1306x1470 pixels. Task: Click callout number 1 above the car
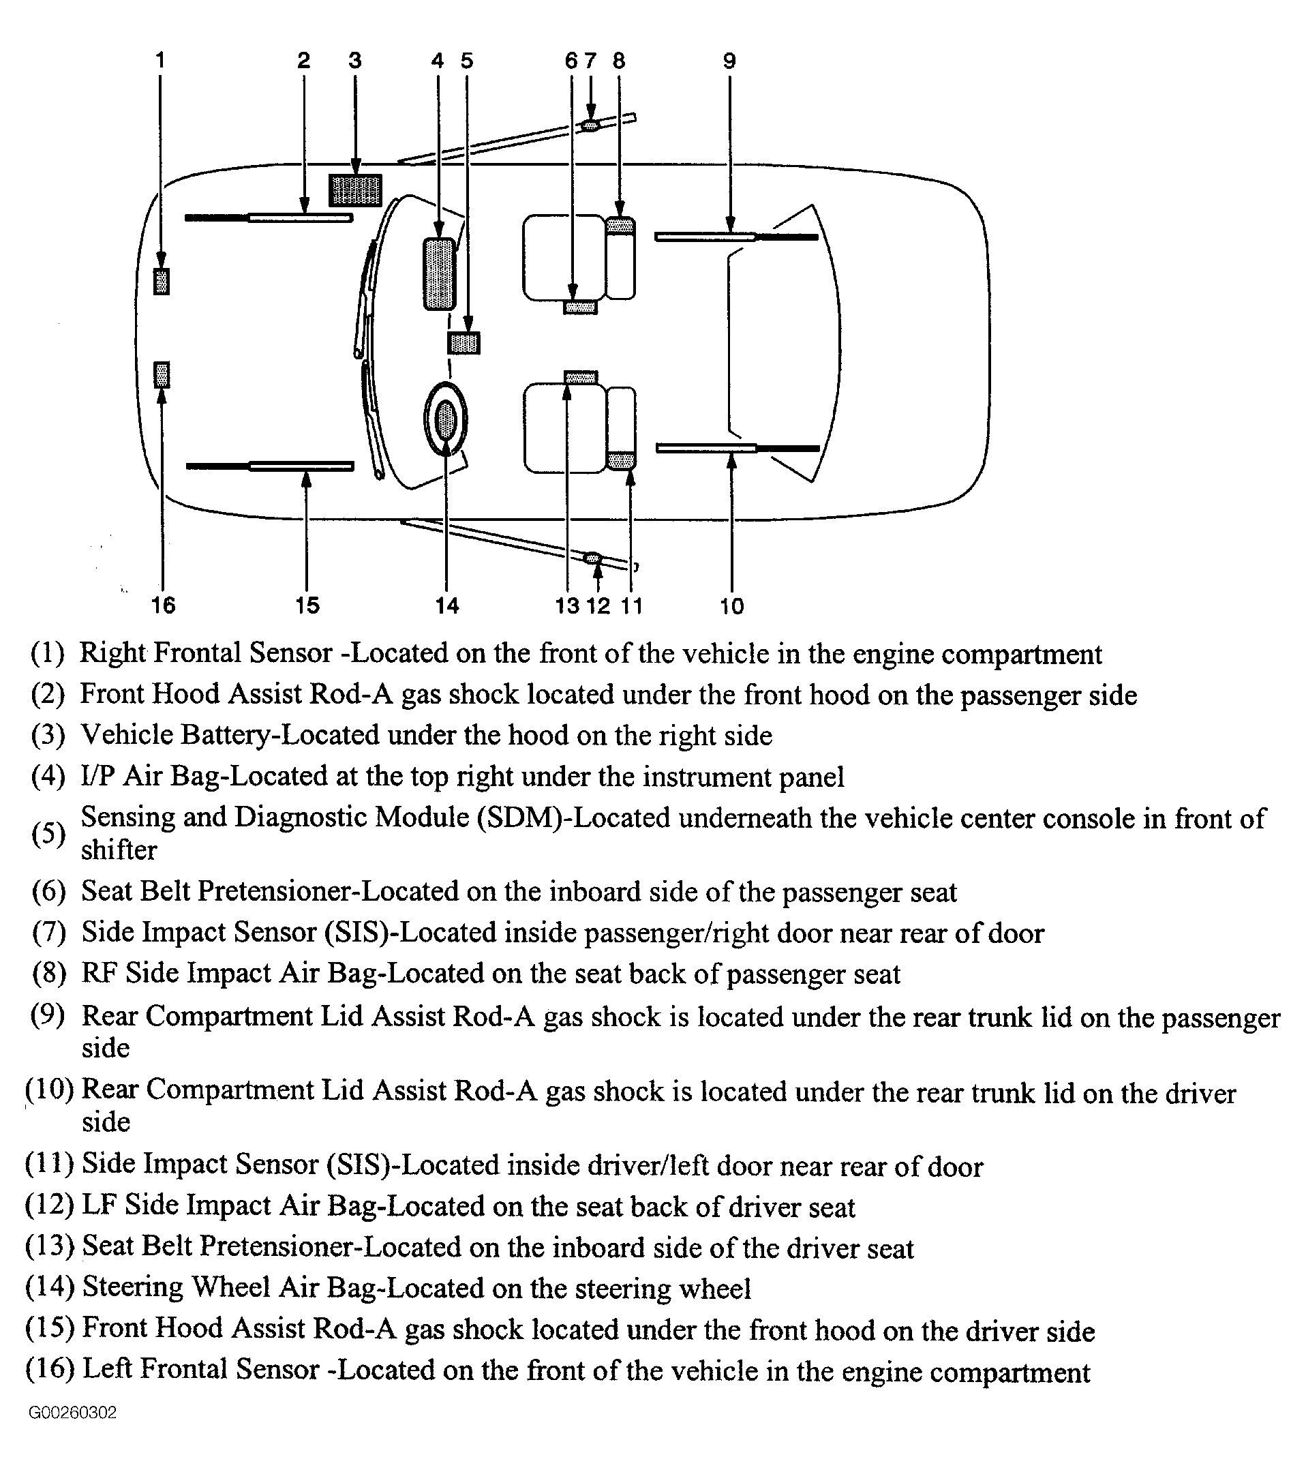160,60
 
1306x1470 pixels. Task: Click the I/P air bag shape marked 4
440,274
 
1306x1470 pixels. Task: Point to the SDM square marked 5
464,343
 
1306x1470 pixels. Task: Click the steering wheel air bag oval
446,420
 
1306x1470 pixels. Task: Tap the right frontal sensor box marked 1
162,281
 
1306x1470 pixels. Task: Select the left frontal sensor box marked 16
162,375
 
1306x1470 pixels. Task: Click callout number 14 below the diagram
446,605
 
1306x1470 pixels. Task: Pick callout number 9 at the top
729,61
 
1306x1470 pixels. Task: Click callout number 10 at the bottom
731,606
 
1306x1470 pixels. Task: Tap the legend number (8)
49,973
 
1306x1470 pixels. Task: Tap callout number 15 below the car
307,605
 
